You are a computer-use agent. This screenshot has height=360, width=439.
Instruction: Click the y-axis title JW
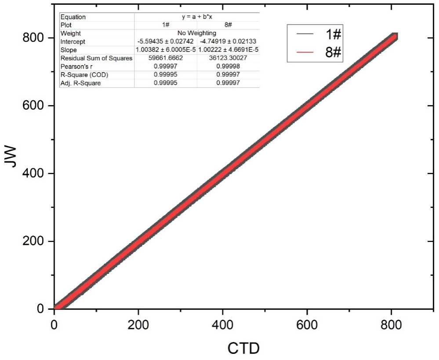point(12,162)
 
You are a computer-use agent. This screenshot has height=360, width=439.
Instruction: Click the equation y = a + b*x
point(196,17)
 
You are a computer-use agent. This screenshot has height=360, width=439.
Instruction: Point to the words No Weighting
point(196,33)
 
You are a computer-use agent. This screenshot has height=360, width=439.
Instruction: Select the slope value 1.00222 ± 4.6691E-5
point(228,50)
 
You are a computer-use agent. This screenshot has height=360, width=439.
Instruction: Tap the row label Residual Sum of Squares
point(96,58)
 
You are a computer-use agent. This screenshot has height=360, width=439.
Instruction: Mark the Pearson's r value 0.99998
point(228,66)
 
